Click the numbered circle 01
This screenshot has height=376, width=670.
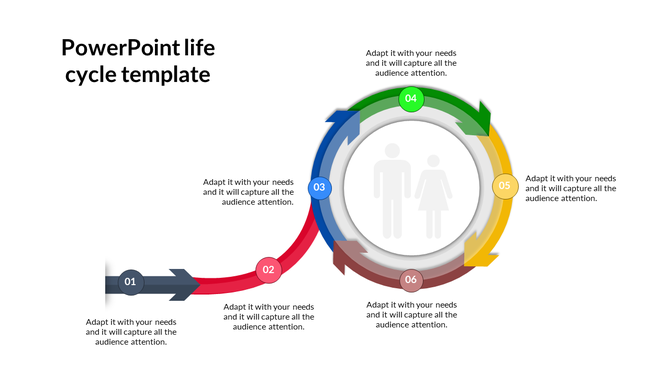[130, 283]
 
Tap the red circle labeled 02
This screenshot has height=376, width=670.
[268, 269]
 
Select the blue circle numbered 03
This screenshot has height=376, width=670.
[319, 186]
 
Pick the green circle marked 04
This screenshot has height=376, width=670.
[411, 98]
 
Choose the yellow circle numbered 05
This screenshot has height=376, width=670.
[505, 185]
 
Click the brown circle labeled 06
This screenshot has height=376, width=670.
[411, 279]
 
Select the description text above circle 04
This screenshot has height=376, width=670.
[411, 62]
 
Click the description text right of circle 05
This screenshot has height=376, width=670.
[571, 188]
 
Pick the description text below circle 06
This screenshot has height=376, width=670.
[411, 314]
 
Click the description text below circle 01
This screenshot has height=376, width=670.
[131, 332]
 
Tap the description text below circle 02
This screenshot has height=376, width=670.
[268, 316]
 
